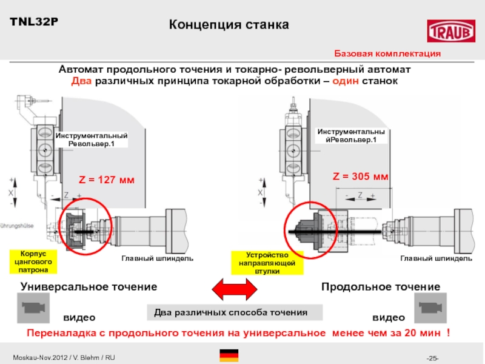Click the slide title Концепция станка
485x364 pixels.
point(229,25)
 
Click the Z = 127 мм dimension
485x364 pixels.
point(106,180)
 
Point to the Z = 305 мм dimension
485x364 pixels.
point(361,177)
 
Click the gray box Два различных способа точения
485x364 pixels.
point(235,312)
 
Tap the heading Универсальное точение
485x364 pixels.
point(89,286)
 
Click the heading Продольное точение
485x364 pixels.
point(380,286)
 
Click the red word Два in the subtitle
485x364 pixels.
point(82,81)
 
